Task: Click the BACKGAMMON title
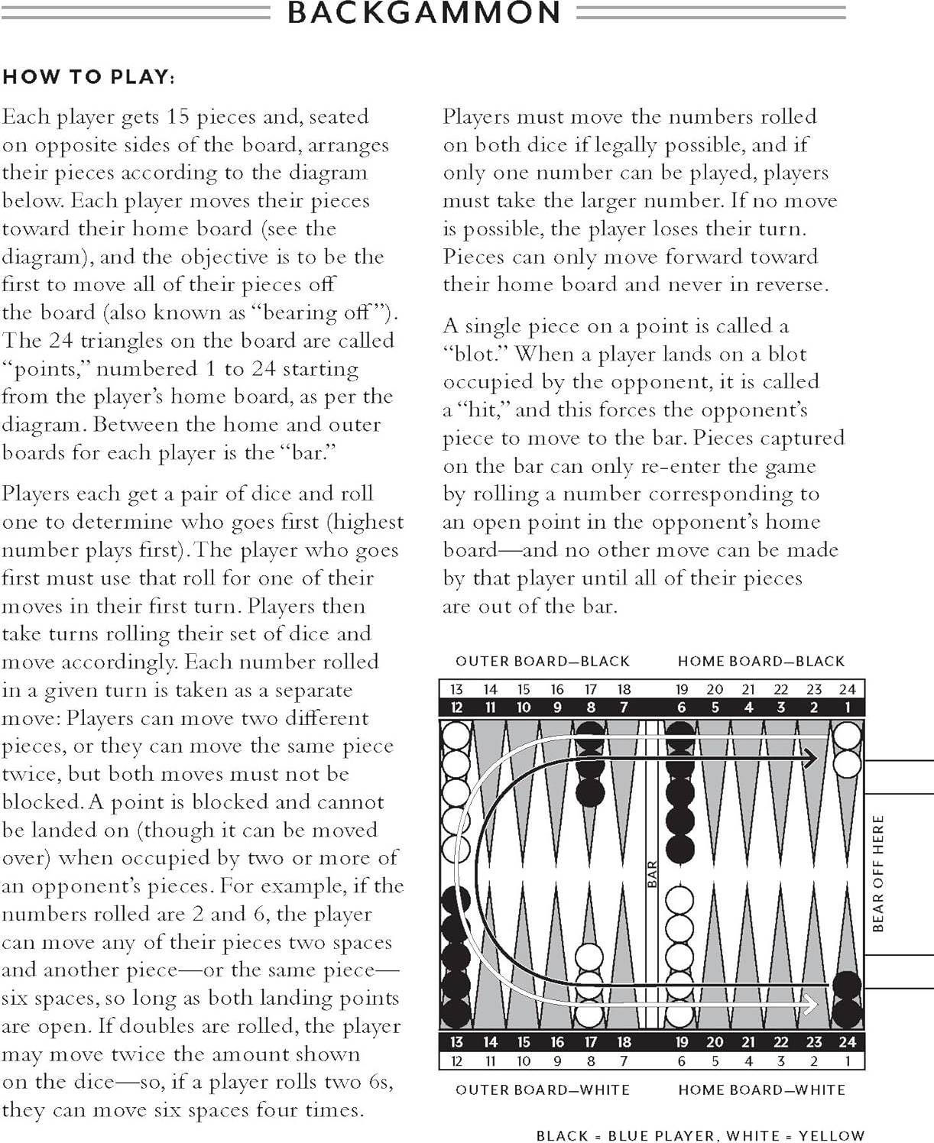pos(424,13)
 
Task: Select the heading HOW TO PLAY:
pos(89,77)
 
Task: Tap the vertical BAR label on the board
pos(652,874)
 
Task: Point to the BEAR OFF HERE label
pos(878,873)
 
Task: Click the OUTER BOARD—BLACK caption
pos(543,661)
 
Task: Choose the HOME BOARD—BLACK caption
pos(761,661)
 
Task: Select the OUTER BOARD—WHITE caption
pos(543,1090)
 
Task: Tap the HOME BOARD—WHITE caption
pos(761,1090)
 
